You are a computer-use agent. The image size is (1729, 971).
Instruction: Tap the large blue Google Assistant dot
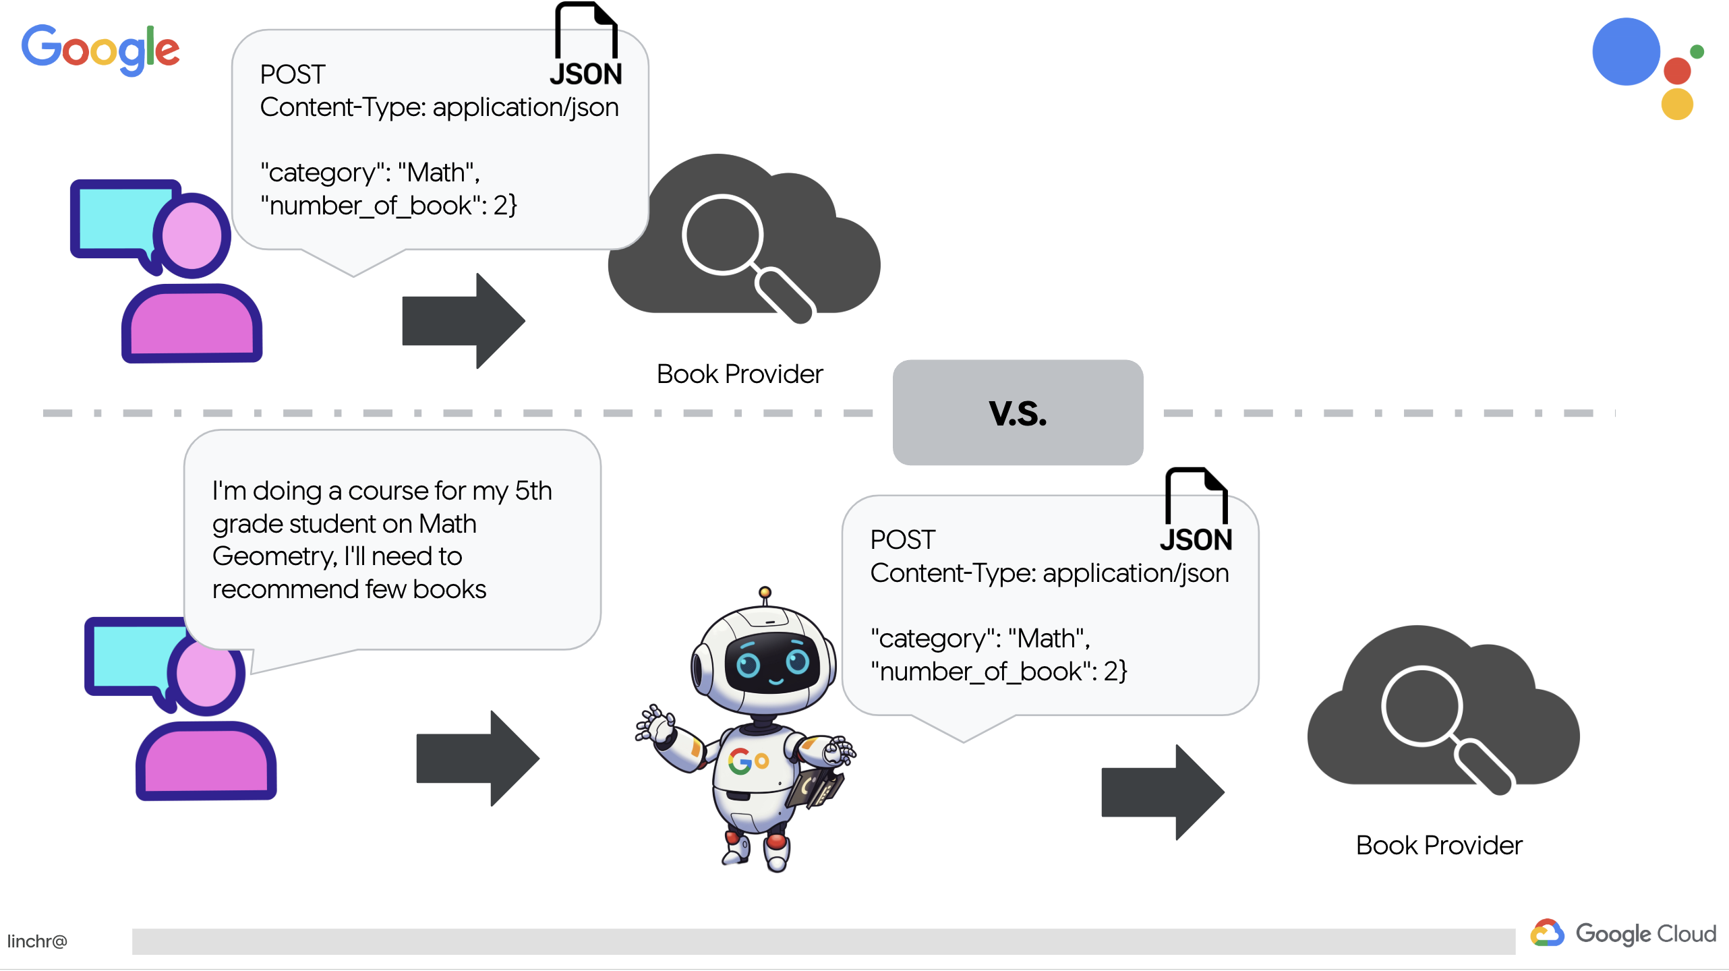point(1625,52)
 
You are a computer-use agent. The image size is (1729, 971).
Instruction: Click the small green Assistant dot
point(1697,52)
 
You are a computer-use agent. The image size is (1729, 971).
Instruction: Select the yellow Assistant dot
point(1677,105)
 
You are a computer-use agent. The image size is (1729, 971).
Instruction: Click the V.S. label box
point(1018,413)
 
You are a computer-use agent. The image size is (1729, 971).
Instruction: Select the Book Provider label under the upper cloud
point(740,374)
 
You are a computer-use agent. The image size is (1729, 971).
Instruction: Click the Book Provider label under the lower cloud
point(1439,846)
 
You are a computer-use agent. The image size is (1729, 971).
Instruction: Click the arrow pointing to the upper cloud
point(463,321)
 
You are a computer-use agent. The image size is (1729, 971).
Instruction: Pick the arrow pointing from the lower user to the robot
point(477,758)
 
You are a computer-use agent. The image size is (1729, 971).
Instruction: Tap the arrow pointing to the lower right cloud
point(1163,792)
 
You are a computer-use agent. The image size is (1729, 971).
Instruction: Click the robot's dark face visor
point(771,663)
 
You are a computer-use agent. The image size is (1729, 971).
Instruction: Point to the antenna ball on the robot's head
point(765,592)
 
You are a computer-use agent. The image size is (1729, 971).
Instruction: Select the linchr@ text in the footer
point(37,941)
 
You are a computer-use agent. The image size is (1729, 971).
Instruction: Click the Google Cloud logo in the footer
point(1623,934)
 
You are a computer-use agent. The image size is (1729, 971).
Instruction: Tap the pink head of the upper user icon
point(192,236)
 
